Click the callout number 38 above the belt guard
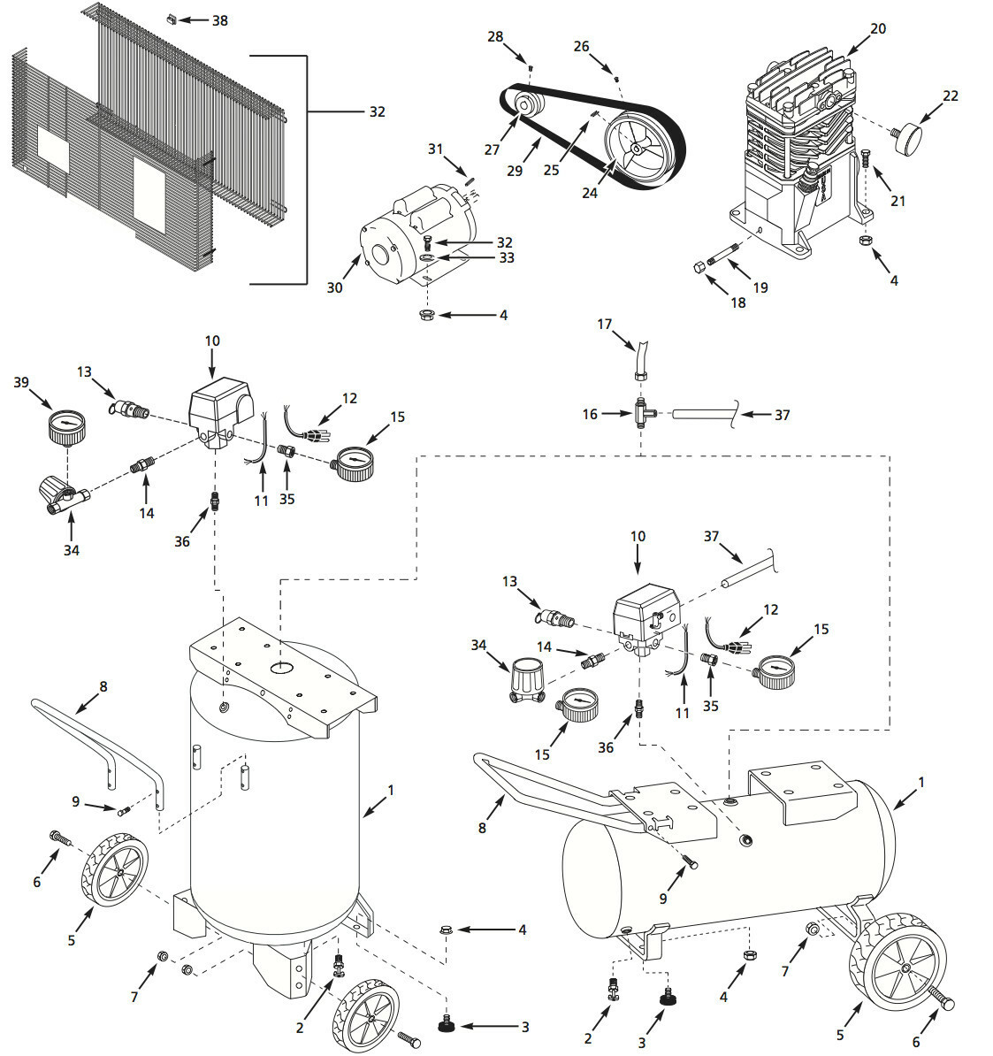point(219,19)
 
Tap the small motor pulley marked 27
point(529,107)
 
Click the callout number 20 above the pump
point(877,28)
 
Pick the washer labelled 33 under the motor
point(427,258)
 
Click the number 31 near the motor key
point(434,149)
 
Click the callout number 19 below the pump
point(760,287)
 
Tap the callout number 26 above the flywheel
point(580,45)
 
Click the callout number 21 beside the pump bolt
point(898,201)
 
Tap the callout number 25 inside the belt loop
point(552,170)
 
